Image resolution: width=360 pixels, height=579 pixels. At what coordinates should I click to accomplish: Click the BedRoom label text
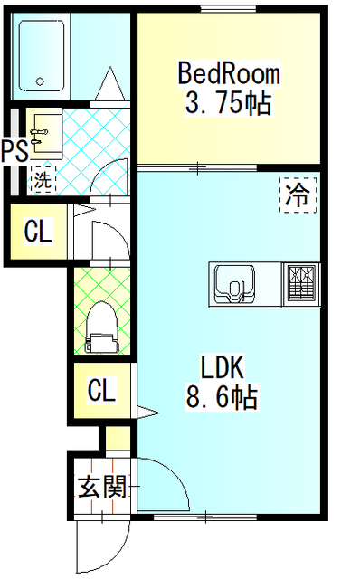click(228, 72)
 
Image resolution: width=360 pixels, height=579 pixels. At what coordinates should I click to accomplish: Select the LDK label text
click(223, 366)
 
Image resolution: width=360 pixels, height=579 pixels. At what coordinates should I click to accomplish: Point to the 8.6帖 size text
click(223, 395)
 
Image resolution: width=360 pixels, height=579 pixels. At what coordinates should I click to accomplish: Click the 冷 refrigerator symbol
click(298, 195)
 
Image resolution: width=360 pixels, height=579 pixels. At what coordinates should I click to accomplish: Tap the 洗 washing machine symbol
click(43, 179)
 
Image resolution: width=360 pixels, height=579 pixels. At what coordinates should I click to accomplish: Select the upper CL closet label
click(38, 233)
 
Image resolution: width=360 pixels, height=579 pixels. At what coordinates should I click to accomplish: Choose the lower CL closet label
click(101, 391)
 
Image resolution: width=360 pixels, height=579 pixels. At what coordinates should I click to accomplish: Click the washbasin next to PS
click(44, 135)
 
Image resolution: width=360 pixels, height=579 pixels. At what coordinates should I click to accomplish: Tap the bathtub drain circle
click(40, 82)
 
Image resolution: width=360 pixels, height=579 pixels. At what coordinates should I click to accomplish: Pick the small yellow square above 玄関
click(116, 439)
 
